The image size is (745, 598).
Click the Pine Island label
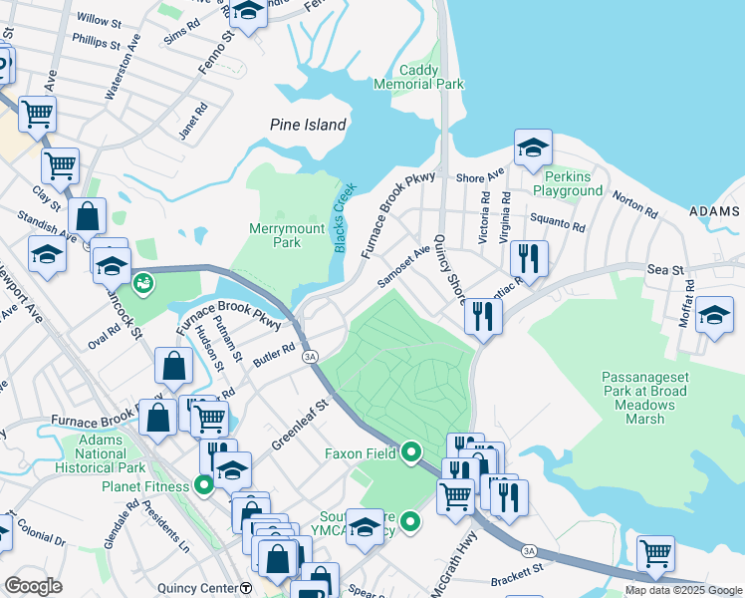click(309, 125)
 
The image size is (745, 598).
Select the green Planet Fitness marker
click(204, 486)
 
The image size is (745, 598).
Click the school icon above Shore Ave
click(533, 149)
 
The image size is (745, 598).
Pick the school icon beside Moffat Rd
click(714, 316)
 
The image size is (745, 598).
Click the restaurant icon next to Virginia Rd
click(529, 258)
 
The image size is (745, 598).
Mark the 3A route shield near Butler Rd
click(310, 356)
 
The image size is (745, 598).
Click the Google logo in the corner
click(33, 586)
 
